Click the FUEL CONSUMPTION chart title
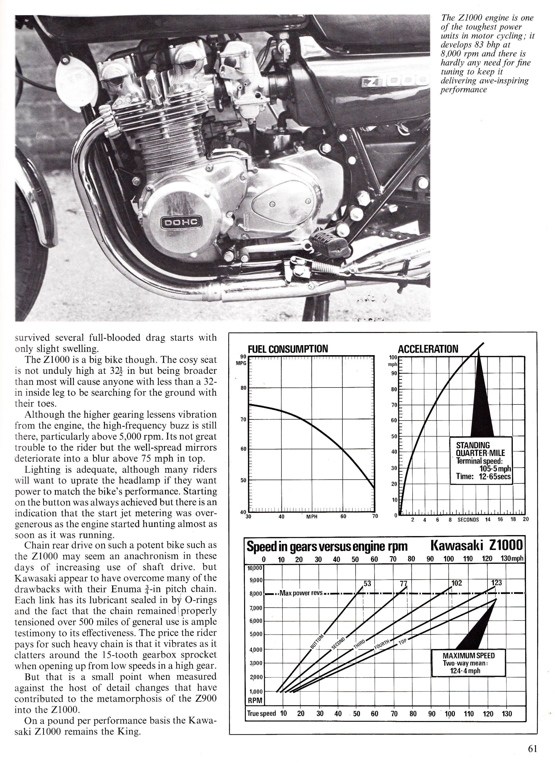(x=288, y=349)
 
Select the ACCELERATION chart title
(x=428, y=349)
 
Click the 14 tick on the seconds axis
(x=488, y=519)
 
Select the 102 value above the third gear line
(x=456, y=583)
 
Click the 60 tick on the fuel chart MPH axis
(x=343, y=516)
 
